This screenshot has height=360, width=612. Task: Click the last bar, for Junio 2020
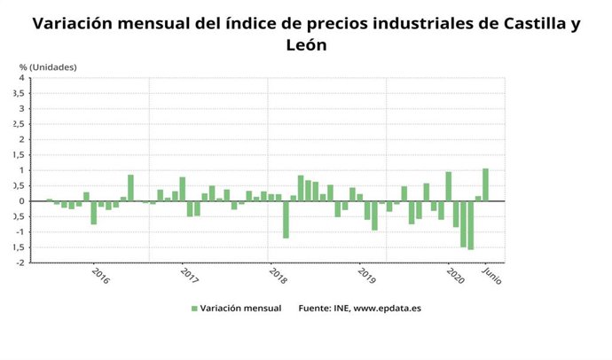(485, 184)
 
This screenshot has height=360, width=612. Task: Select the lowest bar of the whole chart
(471, 225)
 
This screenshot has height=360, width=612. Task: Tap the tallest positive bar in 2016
(130, 187)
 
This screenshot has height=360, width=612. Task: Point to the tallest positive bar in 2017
(182, 189)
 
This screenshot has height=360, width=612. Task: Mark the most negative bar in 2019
(374, 215)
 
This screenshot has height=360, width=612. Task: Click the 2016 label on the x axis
(100, 276)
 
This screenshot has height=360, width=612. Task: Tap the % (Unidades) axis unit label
(48, 67)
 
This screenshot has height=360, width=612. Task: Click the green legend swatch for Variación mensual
(194, 309)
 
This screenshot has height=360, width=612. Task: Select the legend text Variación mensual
(241, 309)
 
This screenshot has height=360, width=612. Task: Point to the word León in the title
(306, 43)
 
